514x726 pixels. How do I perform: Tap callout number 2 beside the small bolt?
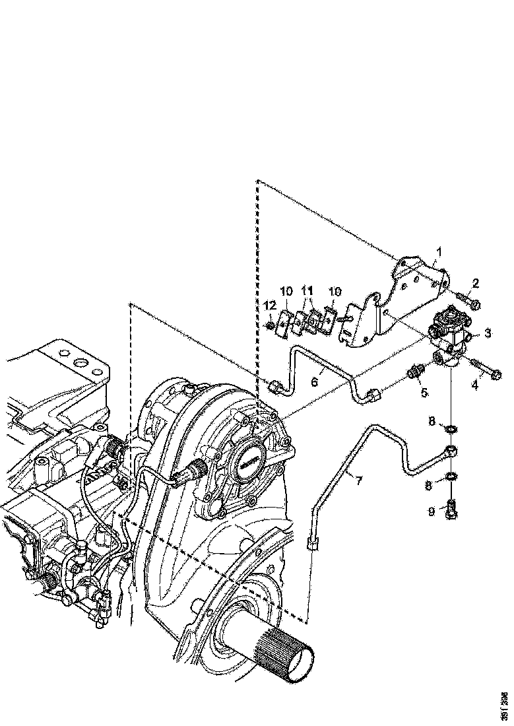tap(475, 284)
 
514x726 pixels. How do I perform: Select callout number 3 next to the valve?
tap(488, 333)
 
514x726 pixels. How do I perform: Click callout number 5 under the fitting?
tap(424, 392)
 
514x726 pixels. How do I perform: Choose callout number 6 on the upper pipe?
tap(315, 381)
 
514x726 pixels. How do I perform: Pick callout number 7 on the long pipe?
tap(358, 480)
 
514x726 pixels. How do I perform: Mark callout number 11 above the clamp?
tap(307, 290)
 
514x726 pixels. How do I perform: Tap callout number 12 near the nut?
tap(269, 304)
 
